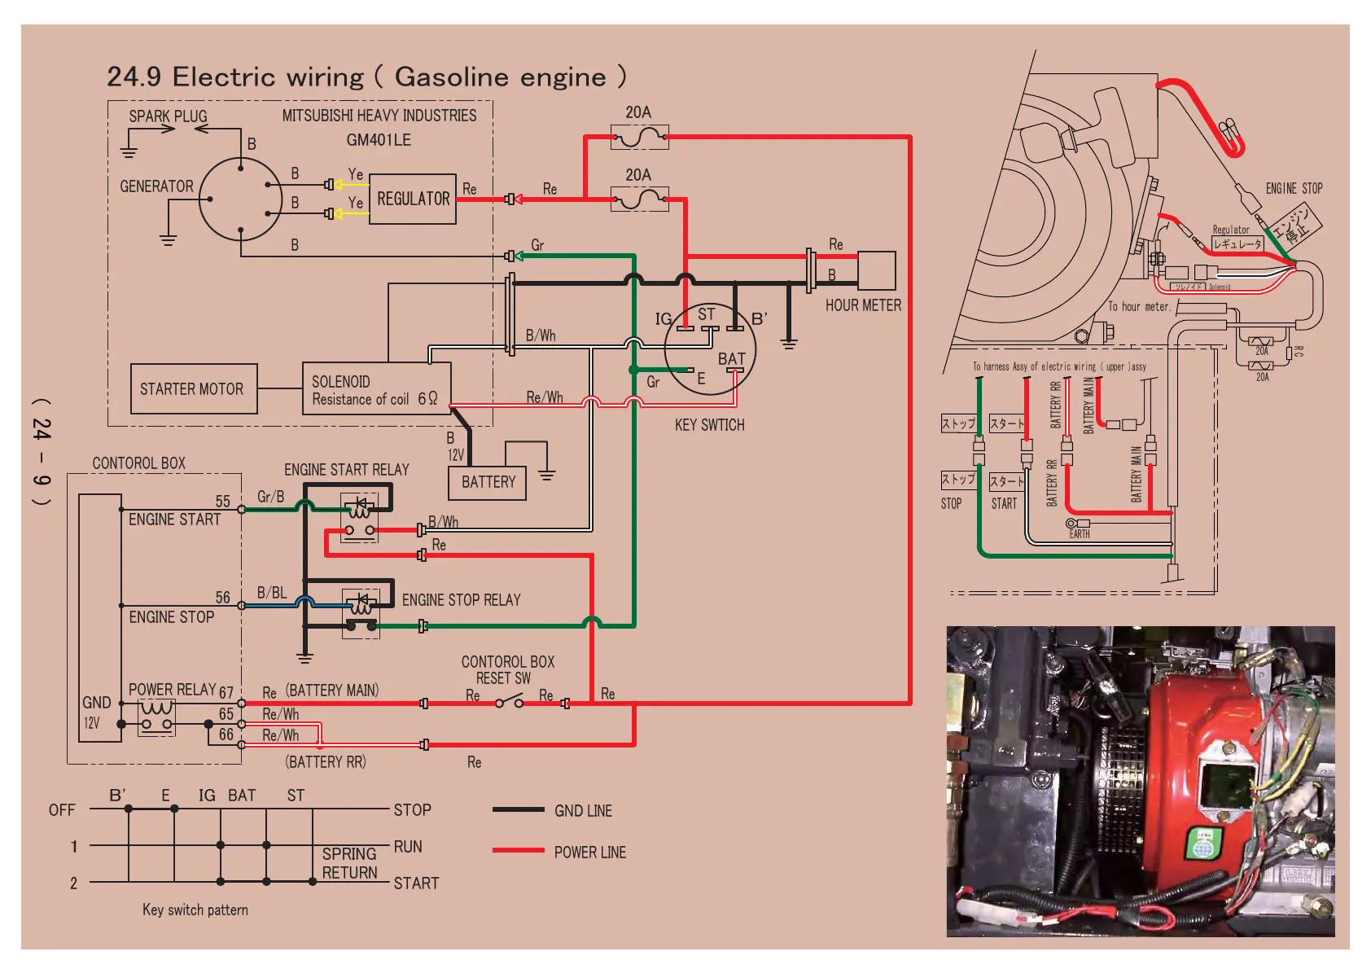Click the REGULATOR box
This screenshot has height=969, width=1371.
click(412, 199)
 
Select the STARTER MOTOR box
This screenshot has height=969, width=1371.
click(193, 389)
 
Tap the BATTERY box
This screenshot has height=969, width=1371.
click(488, 482)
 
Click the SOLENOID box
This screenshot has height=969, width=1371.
click(376, 389)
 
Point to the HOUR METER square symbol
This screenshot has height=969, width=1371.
click(876, 270)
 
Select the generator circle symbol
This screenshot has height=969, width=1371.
click(240, 199)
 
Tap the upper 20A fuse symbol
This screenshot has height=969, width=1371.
click(639, 137)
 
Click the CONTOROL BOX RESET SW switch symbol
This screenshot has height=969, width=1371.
click(510, 700)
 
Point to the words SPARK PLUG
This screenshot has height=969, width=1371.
click(168, 116)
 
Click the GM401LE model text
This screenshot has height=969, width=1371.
click(379, 140)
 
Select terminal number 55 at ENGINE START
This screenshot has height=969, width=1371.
click(222, 502)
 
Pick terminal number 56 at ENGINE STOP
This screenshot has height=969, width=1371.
click(222, 598)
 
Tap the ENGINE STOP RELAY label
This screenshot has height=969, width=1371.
click(461, 600)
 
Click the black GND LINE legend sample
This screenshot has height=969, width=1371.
click(518, 809)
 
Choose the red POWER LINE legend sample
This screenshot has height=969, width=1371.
click(518, 850)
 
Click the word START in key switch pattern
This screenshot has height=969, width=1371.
click(416, 883)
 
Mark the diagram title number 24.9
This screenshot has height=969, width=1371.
click(134, 77)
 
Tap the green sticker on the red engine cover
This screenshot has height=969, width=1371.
click(1203, 844)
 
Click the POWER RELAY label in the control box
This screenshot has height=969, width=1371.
click(172, 690)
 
